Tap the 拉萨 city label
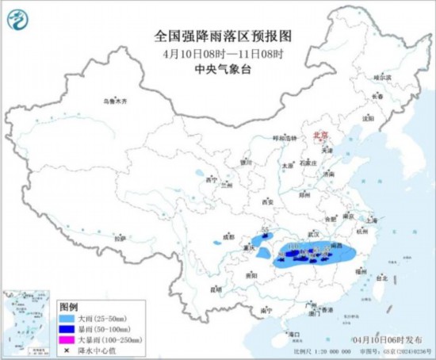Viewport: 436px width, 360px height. pos(119,237)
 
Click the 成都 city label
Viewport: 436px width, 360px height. pos(228,236)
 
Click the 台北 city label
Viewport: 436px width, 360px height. pos(381,278)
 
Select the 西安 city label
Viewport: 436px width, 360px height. pos(266,203)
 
